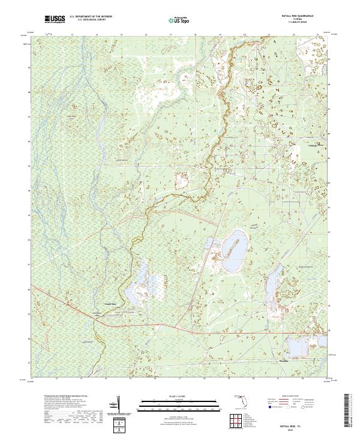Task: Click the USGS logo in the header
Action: (55, 20)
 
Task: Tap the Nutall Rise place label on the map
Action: (110, 304)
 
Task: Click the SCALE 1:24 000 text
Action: (179, 395)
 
